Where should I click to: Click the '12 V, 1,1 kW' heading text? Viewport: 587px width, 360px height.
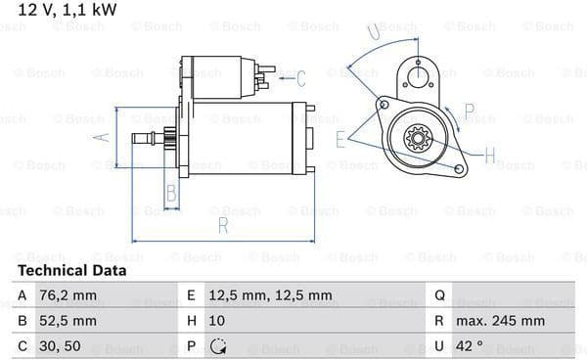coord(68,10)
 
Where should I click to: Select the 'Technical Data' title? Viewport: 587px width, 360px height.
coord(72,270)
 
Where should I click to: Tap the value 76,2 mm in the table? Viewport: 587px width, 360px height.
coord(68,295)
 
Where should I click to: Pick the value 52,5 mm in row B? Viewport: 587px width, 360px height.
coord(68,321)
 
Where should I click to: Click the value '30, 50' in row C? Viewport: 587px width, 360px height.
coord(60,346)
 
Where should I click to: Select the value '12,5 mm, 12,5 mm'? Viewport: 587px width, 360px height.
coord(270,295)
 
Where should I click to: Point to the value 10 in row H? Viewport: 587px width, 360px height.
coord(217,321)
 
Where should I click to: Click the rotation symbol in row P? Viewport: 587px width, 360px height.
coord(218,346)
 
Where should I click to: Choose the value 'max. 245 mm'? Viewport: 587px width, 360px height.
coord(500,321)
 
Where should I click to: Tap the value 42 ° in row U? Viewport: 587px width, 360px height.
coord(469,345)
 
